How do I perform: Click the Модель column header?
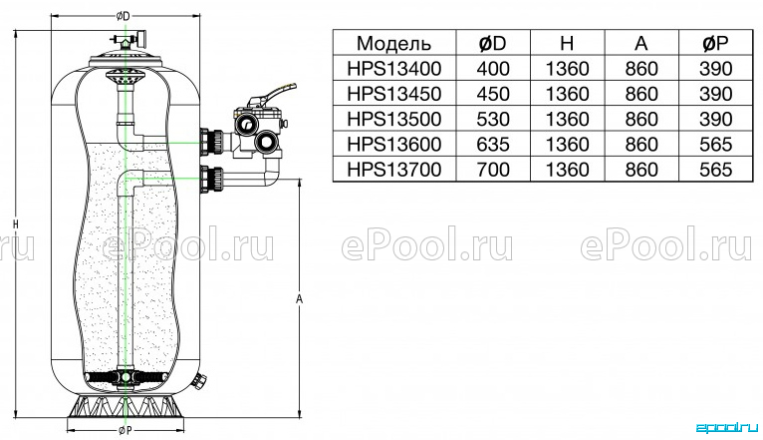393,43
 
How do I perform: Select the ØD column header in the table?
493,43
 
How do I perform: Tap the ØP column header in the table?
715,43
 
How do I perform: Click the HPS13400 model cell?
394,69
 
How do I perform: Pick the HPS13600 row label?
394,145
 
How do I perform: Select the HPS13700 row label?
394,170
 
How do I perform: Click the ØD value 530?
493,120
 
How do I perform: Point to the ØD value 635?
493,145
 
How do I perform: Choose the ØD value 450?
493,94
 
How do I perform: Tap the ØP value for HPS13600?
716,145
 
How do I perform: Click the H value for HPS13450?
568,94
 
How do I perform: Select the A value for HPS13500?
641,120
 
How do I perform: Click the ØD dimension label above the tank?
124,17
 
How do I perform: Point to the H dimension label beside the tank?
16,224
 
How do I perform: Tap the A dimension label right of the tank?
299,298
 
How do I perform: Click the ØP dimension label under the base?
125,430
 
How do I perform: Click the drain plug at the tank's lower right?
199,380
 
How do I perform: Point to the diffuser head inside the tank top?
126,77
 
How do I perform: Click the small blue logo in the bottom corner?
727,428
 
